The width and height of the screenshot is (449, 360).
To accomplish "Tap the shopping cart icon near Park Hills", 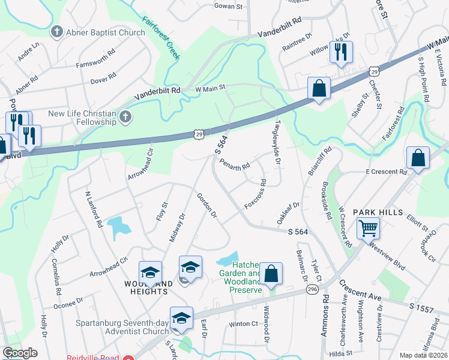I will pyautogui.click(x=367, y=229).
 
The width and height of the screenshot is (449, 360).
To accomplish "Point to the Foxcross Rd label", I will pyautogui.click(x=255, y=194).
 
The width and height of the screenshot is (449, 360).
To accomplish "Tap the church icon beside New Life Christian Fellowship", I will pyautogui.click(x=125, y=116).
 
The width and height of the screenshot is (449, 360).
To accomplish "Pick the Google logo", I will pyautogui.click(x=20, y=353).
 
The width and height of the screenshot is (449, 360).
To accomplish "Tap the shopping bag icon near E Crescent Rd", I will pyautogui.click(x=418, y=159).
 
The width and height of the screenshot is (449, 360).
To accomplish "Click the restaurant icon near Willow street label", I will pyautogui.click(x=340, y=53).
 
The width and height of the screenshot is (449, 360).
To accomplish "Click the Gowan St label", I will pyautogui.click(x=228, y=7).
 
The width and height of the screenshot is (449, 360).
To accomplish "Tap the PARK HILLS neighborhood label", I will pyautogui.click(x=376, y=212).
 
